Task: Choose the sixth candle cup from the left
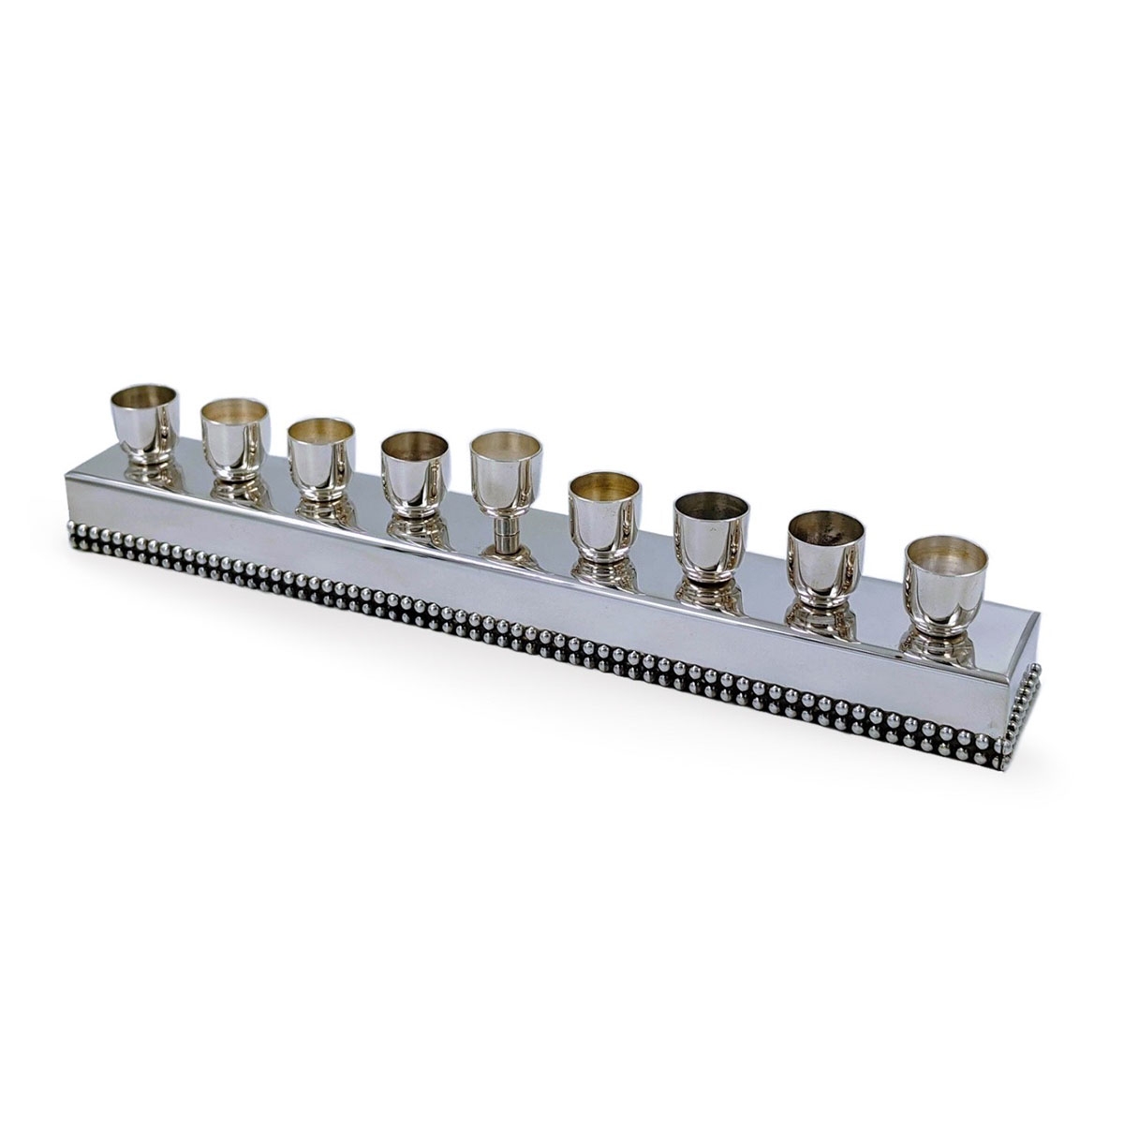click(x=605, y=510)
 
